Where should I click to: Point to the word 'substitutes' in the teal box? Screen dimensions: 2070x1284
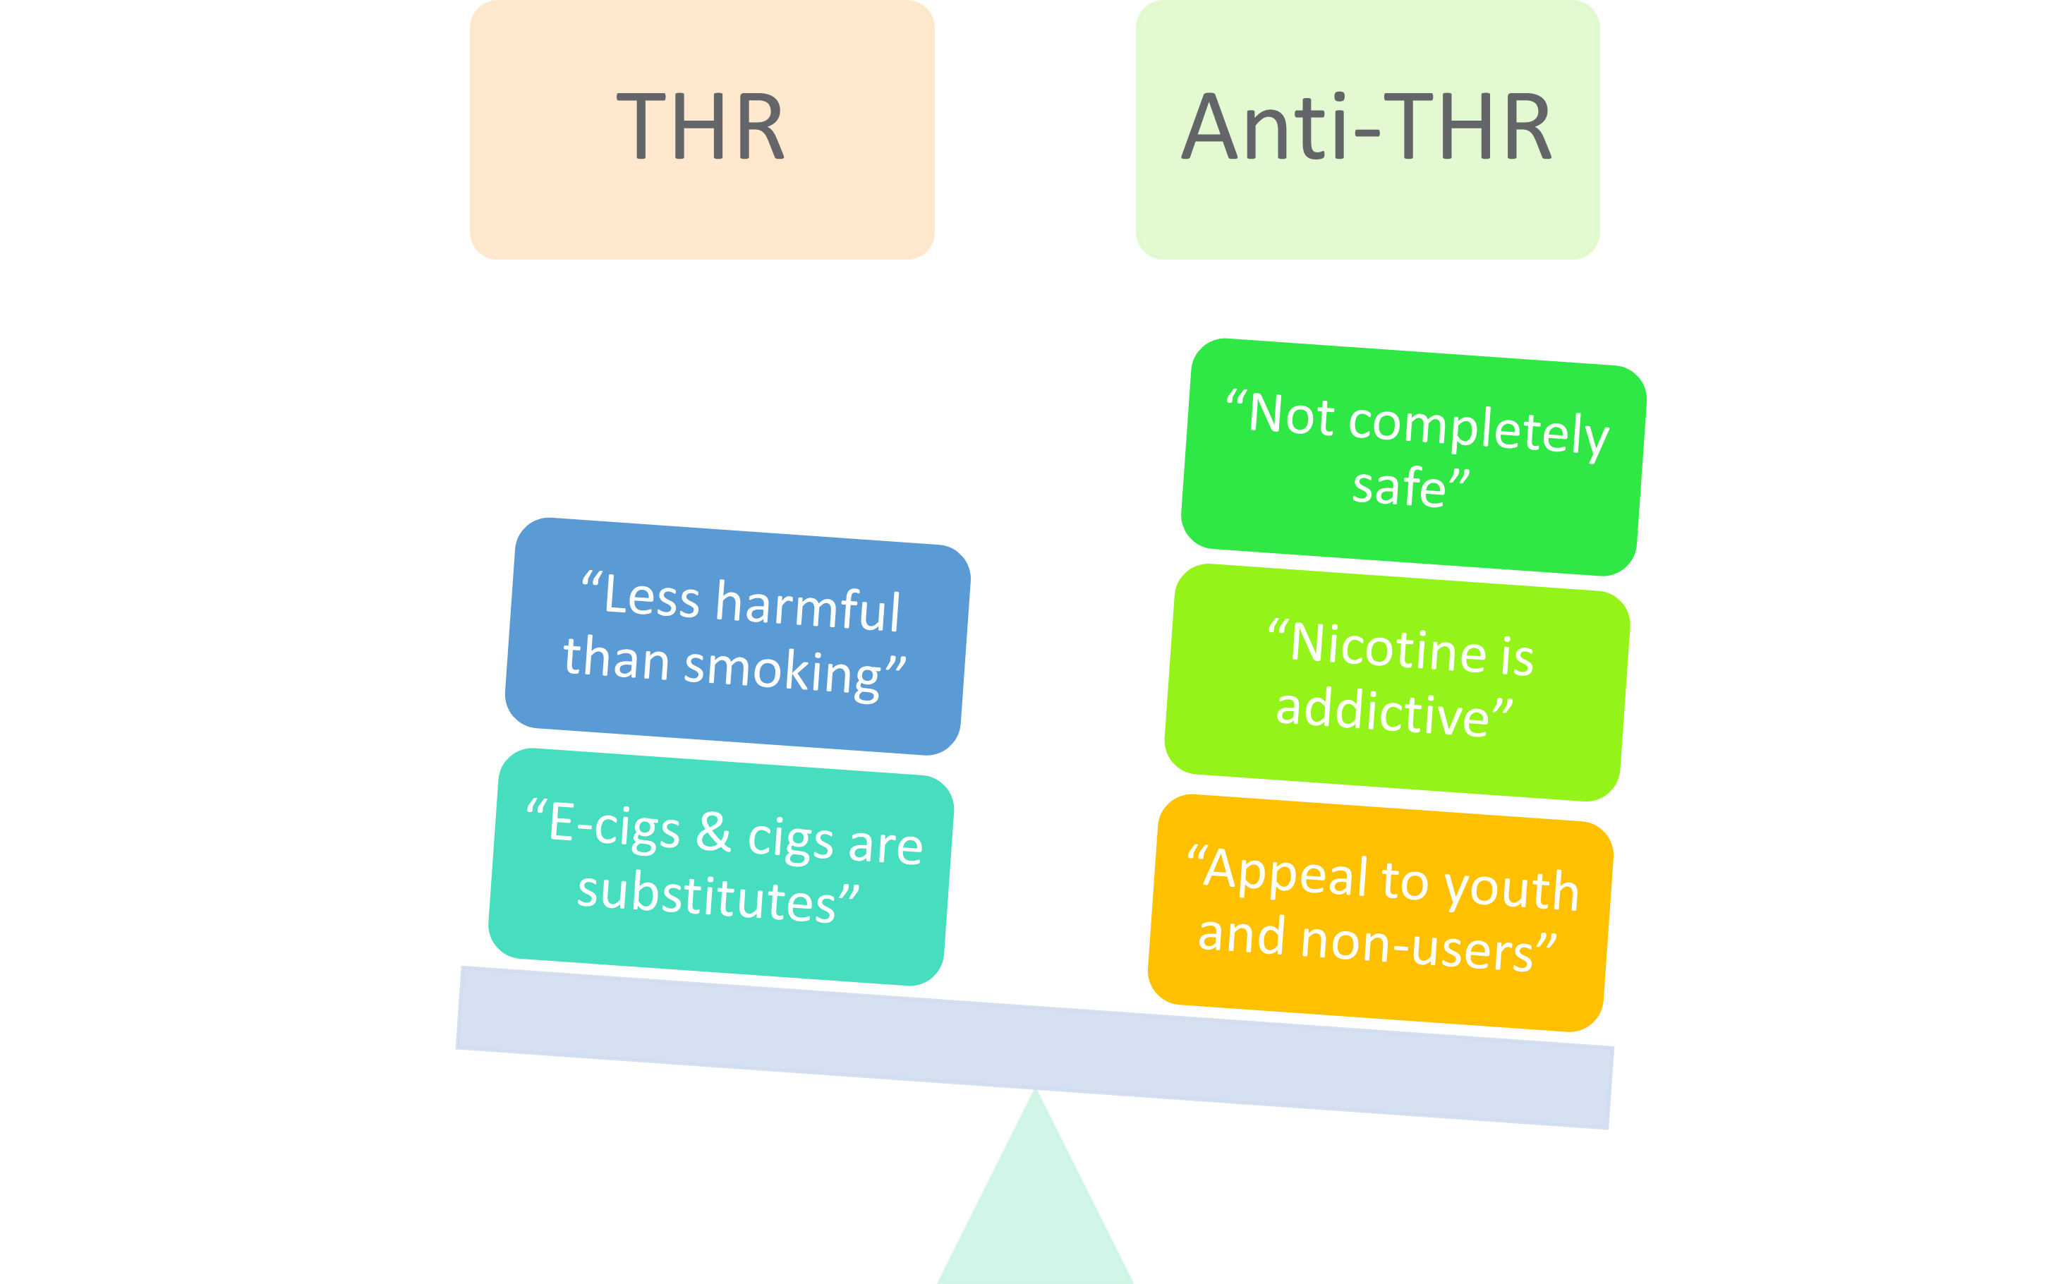tap(707, 897)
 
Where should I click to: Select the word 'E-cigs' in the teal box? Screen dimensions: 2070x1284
tap(614, 825)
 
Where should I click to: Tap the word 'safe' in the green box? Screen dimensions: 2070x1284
tap(1398, 488)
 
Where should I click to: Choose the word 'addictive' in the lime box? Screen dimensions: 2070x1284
tap(1382, 712)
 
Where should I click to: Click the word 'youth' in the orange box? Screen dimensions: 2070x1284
tap(1511, 889)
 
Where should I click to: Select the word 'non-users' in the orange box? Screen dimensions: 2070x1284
tap(1416, 945)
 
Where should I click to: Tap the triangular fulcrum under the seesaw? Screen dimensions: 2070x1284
tap(1035, 1206)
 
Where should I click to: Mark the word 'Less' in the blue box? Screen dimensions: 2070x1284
tap(651, 596)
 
